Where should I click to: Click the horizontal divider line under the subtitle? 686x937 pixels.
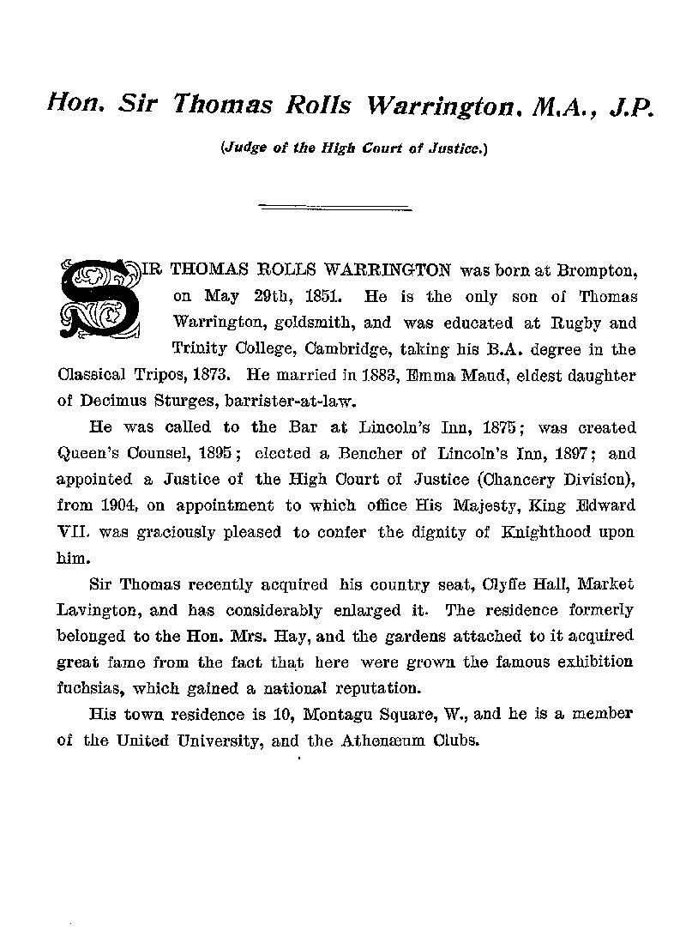coord(335,206)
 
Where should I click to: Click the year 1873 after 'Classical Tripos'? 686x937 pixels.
coord(214,375)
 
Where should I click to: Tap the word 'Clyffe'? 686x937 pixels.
coord(485,584)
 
